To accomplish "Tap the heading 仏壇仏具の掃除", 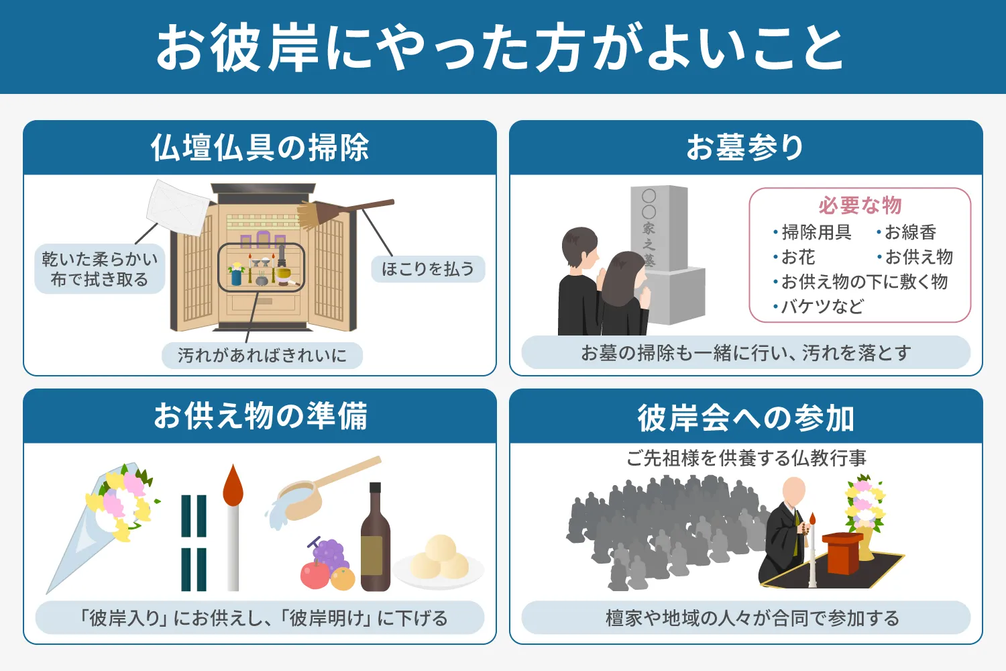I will point(260,148).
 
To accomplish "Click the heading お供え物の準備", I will point(260,416).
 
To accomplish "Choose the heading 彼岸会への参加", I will point(745,417).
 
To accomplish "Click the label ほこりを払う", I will point(428,269).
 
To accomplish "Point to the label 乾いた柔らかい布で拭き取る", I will point(99,269).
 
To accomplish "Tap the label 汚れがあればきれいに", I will point(262,355).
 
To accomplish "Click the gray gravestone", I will point(664,255).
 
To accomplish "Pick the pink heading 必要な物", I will point(860,205).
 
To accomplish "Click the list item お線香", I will point(910,232).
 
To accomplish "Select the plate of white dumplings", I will point(439,561).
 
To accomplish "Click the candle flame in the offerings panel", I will point(233,484).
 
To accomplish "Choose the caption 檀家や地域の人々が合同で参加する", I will point(745,618).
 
